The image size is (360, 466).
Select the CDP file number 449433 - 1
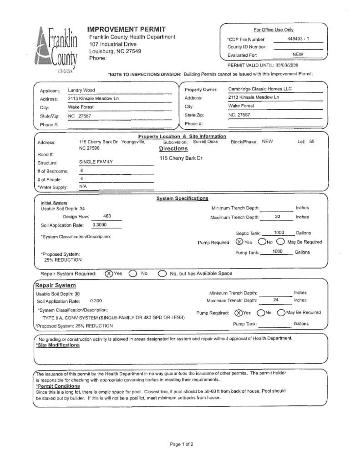(x=298, y=39)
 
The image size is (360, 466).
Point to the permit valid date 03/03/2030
(x=286, y=65)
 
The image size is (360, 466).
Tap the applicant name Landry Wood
(x=81, y=90)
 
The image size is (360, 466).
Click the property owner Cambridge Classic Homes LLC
(x=260, y=89)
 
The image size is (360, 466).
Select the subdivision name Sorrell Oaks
(x=205, y=142)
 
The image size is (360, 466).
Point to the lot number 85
(x=312, y=142)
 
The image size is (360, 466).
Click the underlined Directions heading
(x=173, y=149)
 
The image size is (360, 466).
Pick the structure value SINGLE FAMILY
(x=96, y=162)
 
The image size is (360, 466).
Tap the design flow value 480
(x=107, y=216)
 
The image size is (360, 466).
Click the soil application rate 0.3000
(x=100, y=224)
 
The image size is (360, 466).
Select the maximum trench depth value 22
(x=277, y=217)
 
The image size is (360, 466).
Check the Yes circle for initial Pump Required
(x=239, y=242)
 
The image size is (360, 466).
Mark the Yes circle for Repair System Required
(x=109, y=274)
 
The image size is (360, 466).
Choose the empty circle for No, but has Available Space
(x=162, y=274)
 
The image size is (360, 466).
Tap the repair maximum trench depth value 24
(x=276, y=300)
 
